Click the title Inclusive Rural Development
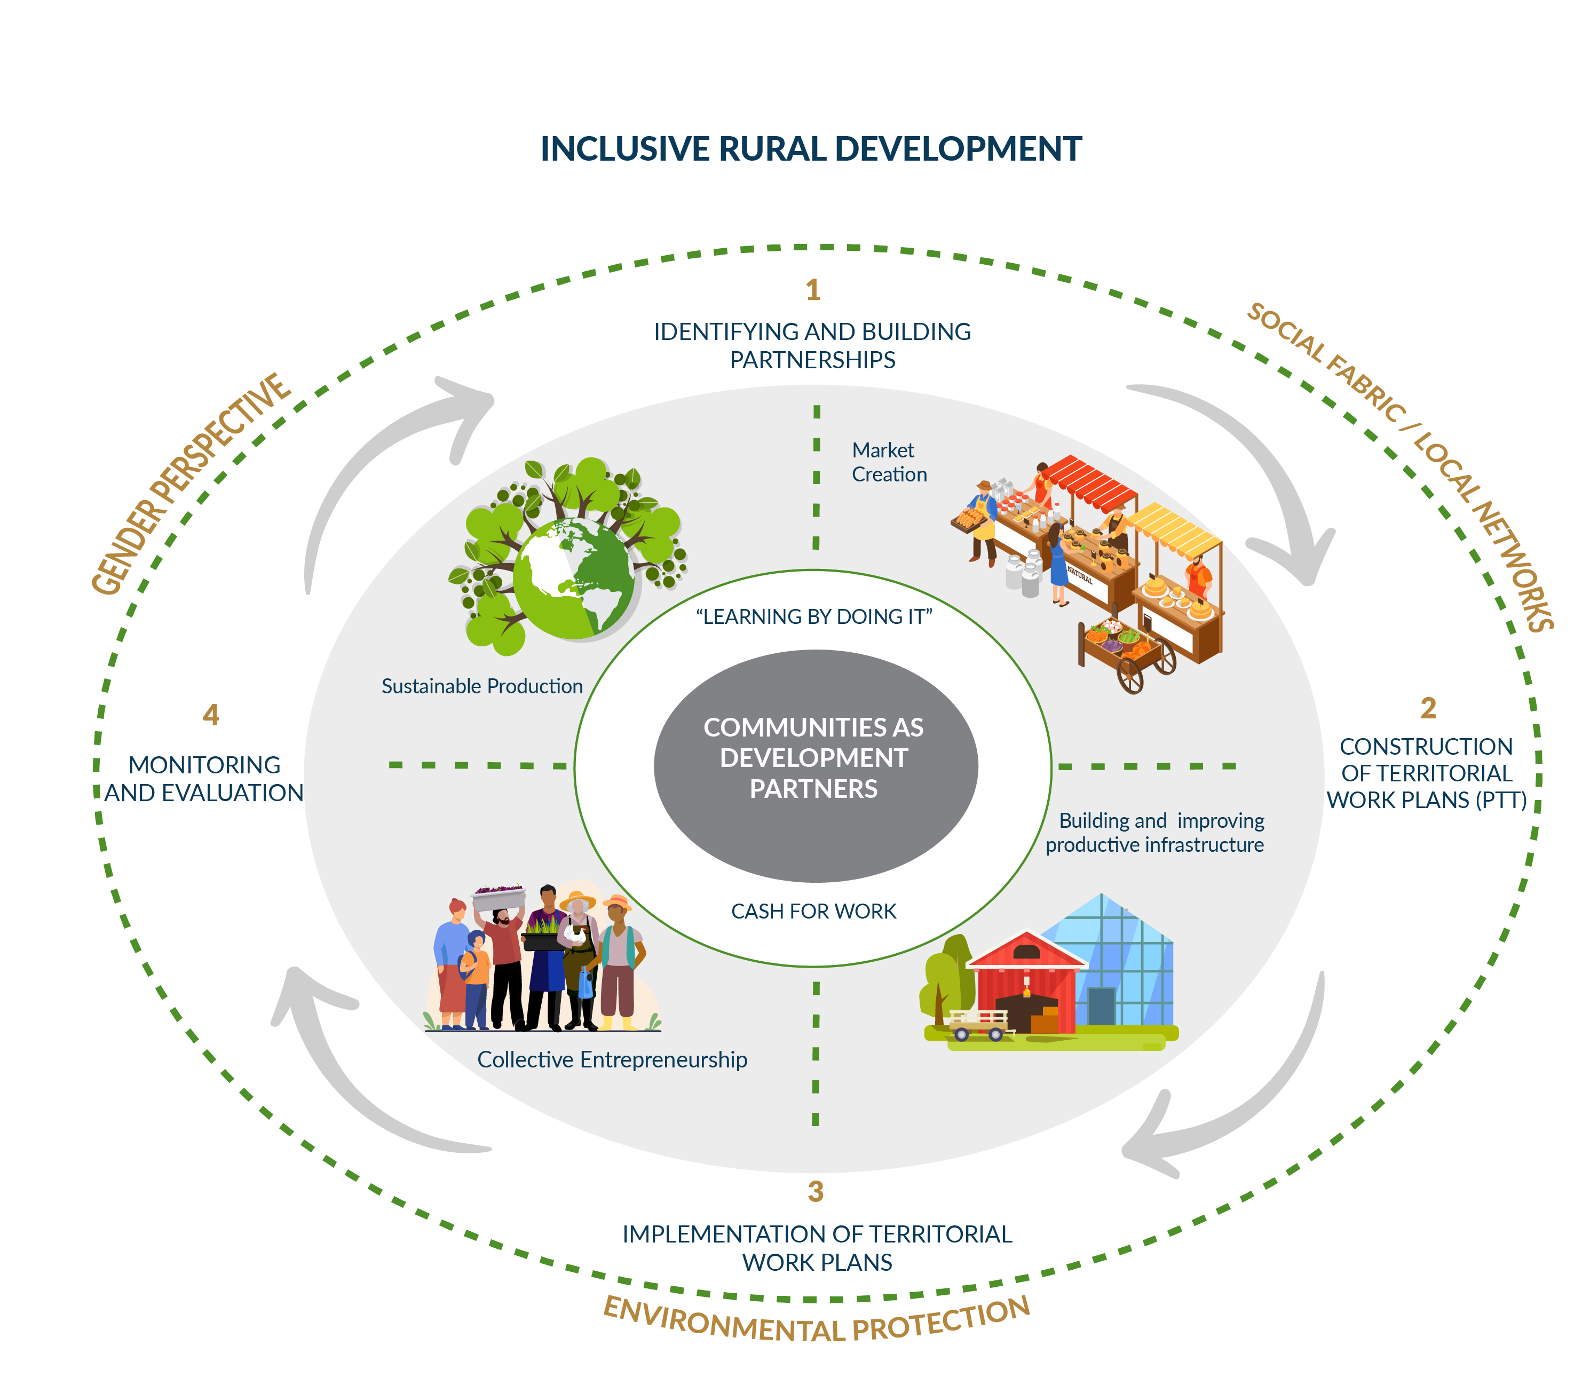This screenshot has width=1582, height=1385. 811,149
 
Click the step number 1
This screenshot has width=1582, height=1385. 812,290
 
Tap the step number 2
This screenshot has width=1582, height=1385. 1427,708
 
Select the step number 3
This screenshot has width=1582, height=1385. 816,1192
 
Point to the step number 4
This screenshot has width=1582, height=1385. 210,715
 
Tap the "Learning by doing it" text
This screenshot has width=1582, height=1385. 814,617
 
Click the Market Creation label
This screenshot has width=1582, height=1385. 888,462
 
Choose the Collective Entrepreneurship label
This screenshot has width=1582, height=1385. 612,1059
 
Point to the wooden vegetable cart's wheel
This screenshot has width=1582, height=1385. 1130,676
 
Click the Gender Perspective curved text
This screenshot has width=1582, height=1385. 190,482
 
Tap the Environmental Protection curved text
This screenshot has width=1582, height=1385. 816,1325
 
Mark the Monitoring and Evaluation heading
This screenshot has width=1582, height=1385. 204,778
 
